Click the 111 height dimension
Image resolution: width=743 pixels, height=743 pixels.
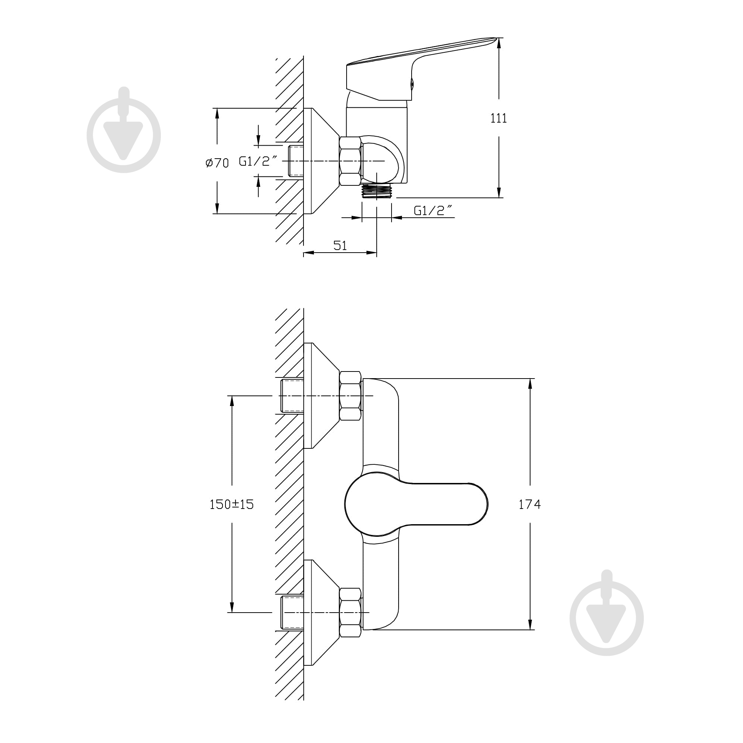pos(499,118)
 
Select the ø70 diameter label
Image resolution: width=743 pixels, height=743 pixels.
pos(217,163)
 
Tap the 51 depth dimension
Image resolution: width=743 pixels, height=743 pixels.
pos(340,245)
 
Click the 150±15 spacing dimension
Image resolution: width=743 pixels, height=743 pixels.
pos(231,504)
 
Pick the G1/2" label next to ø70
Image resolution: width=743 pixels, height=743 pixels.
pos(258,161)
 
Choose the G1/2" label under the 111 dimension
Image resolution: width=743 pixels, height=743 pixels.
pos(433,210)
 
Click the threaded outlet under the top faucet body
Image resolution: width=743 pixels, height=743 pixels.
pos(376,191)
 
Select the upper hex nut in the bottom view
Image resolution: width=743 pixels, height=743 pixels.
pos(350,396)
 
